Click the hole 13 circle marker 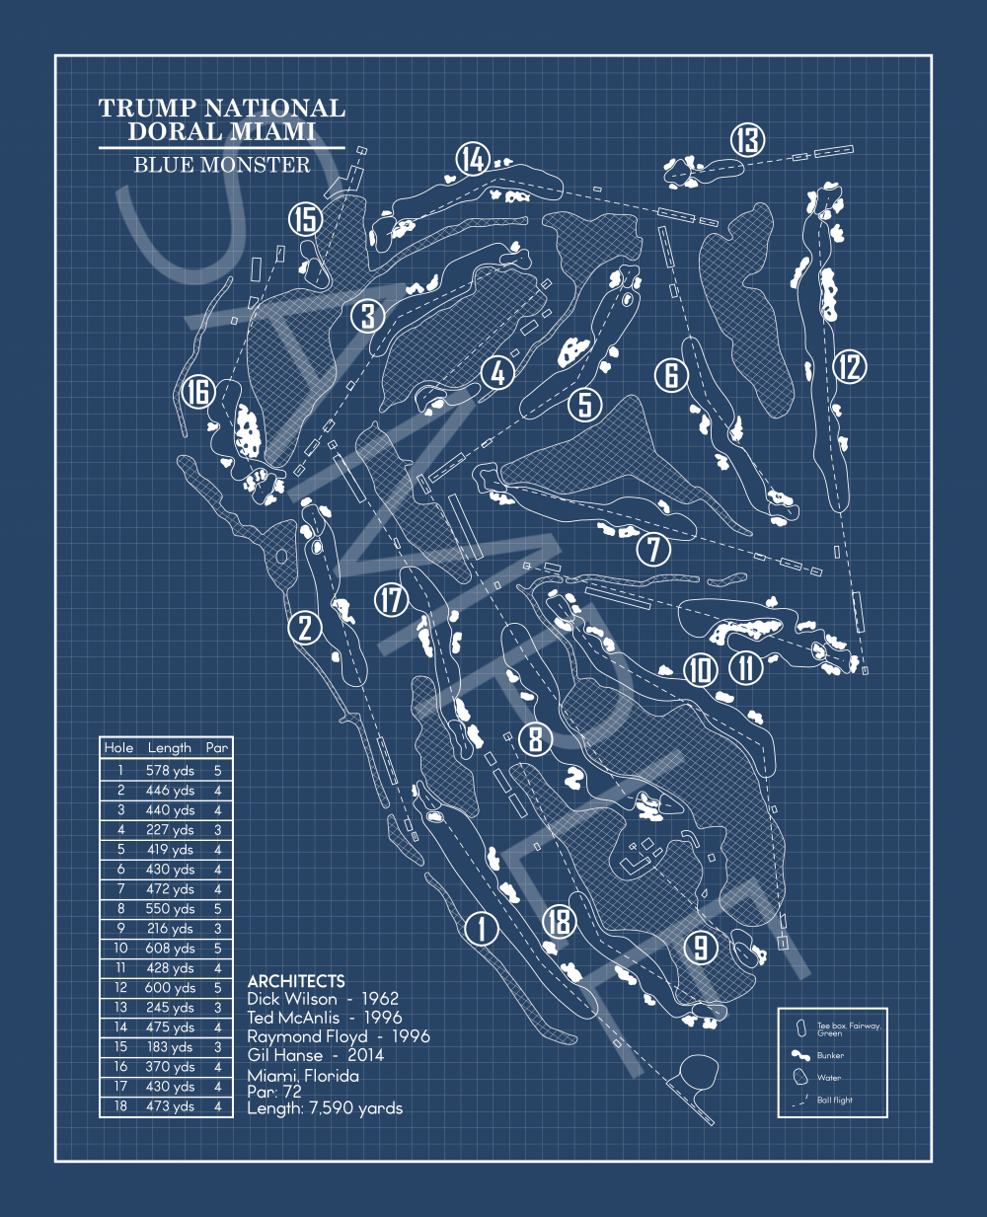click(748, 140)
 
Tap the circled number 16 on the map click(199, 392)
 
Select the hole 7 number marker click(653, 549)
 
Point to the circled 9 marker click(701, 948)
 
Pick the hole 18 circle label click(559, 922)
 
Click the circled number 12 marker click(849, 367)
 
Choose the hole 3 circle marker click(367, 316)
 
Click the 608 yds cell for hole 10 click(170, 949)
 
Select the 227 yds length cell click(170, 830)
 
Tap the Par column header click(217, 748)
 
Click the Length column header click(170, 748)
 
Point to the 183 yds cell click(170, 1047)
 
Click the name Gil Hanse click(285, 1055)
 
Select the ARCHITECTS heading click(296, 981)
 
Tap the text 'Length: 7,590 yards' click(325, 1108)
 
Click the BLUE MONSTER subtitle click(222, 165)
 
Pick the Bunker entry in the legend click(830, 1055)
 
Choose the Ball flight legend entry click(834, 1100)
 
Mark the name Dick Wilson click(292, 999)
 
